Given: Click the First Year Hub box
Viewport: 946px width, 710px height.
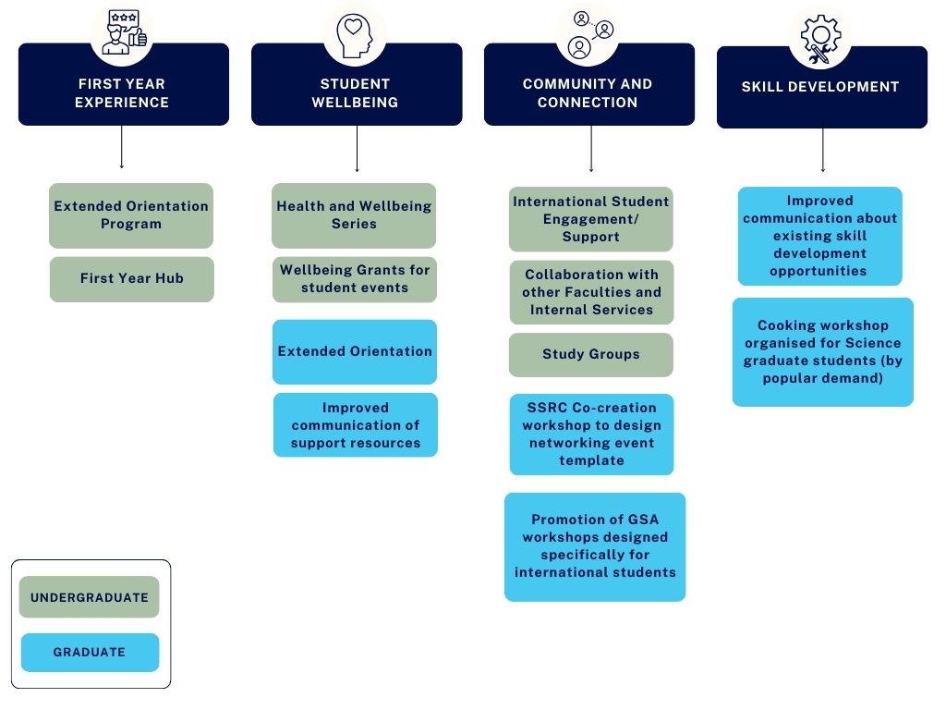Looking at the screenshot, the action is [x=131, y=279].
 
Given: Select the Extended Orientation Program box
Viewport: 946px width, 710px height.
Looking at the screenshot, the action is [x=131, y=215].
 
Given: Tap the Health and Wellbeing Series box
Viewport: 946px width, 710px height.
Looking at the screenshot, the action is [x=354, y=215].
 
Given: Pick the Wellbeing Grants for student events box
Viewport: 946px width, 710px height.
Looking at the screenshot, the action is [x=354, y=279].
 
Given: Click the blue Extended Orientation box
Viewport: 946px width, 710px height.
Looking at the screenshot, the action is [x=354, y=351].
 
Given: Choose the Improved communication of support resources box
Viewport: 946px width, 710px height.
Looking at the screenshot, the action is [x=356, y=425].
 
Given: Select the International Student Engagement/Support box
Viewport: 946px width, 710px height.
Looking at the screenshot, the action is [x=590, y=219].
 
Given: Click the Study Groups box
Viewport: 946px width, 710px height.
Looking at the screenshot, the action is [x=590, y=354].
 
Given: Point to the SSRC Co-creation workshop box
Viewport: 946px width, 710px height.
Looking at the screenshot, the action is [x=591, y=435].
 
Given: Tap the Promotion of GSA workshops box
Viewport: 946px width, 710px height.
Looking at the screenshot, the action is [x=595, y=547].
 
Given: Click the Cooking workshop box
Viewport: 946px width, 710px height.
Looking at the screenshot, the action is [x=823, y=352].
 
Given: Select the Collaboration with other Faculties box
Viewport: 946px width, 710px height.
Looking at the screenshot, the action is [x=591, y=292].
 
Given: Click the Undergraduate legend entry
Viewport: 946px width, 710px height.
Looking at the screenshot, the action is [x=90, y=597].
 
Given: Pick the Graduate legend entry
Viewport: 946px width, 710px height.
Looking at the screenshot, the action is [x=90, y=652].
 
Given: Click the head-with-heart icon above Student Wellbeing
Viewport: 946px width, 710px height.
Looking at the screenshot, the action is [x=354, y=36].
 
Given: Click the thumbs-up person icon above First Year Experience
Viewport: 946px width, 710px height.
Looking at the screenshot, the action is [x=124, y=32].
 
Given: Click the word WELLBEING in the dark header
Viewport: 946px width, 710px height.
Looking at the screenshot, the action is [x=355, y=102].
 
